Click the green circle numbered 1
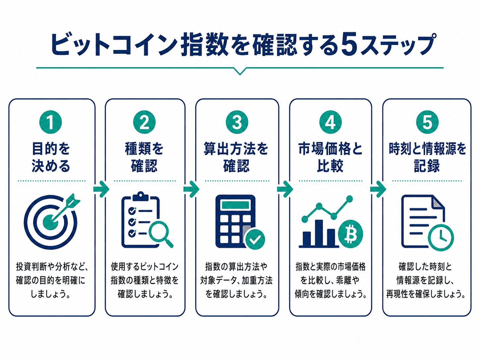click(x=50, y=122)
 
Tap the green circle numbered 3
click(x=237, y=122)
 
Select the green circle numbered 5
click(x=427, y=122)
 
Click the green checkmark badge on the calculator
click(x=255, y=239)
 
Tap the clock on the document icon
click(x=441, y=238)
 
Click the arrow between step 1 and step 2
click(x=101, y=189)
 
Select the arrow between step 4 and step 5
click(x=378, y=189)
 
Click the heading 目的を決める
click(x=51, y=157)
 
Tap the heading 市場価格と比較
click(x=330, y=157)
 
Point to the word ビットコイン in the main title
click(x=114, y=44)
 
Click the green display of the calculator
click(x=235, y=205)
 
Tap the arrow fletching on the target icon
click(x=73, y=200)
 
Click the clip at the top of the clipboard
click(x=141, y=196)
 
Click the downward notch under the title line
click(x=240, y=71)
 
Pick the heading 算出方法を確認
click(x=236, y=157)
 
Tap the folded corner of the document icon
click(x=439, y=202)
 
